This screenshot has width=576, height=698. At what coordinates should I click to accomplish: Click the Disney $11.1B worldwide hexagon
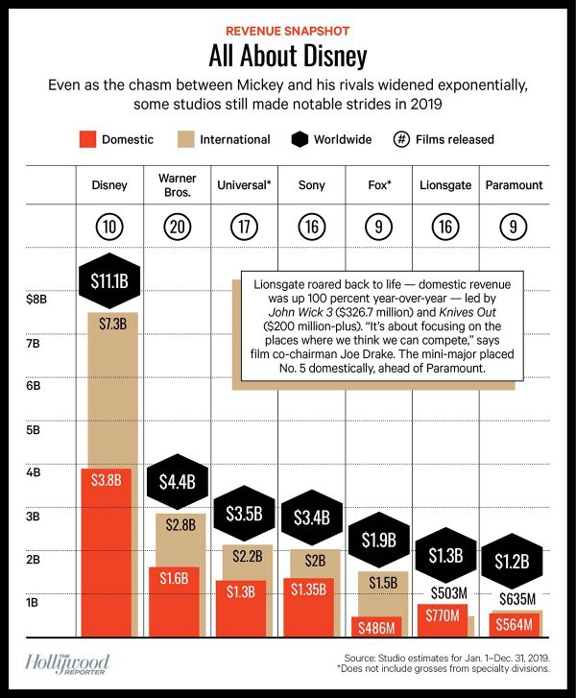pos(108,281)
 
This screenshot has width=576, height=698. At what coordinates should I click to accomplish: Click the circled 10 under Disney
pos(108,228)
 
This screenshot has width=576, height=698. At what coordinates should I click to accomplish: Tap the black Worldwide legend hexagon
pos(300,139)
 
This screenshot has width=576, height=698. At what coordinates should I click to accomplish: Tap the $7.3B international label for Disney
pos(112,324)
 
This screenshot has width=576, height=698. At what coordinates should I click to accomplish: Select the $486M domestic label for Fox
pos(375,627)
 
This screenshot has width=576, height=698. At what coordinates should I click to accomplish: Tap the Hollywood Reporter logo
pos(67,663)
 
